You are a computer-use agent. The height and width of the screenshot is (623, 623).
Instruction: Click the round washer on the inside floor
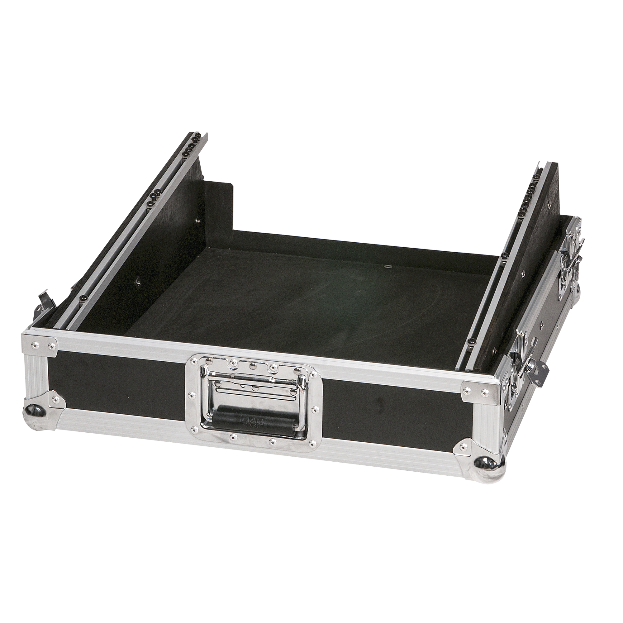(x=388, y=267)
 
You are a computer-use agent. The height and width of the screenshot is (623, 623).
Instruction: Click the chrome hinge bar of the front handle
(x=255, y=381)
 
